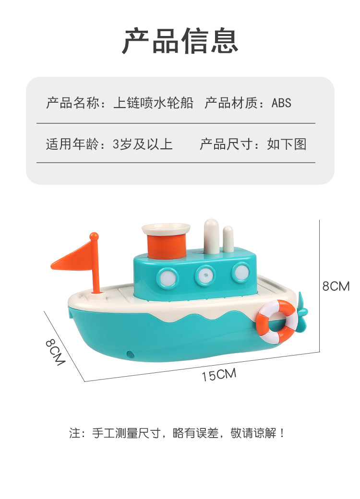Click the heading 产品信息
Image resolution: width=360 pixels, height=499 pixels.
(180, 40)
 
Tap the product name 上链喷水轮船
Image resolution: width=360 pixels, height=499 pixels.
(154, 103)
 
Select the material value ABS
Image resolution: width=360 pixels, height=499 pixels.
(281, 103)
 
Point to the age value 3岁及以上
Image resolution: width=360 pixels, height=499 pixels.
(143, 144)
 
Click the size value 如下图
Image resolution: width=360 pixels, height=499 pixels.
(287, 144)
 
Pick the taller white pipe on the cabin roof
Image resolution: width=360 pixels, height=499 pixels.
(212, 236)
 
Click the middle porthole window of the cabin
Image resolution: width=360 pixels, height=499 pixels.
(205, 274)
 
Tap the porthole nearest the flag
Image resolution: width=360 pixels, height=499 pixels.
(168, 277)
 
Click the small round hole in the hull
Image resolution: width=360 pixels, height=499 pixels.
(130, 353)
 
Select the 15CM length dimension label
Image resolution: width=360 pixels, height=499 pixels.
(219, 374)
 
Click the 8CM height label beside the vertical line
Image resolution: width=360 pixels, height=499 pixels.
(336, 286)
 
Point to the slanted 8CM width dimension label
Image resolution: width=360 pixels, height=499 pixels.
(55, 352)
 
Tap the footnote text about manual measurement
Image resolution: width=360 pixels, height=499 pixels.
(177, 433)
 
